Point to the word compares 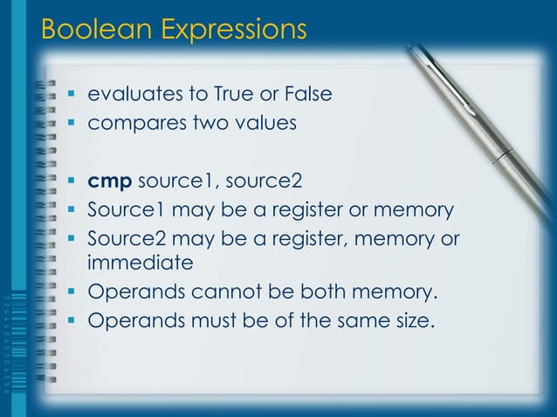coord(132,123)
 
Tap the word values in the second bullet coord(265,123)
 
